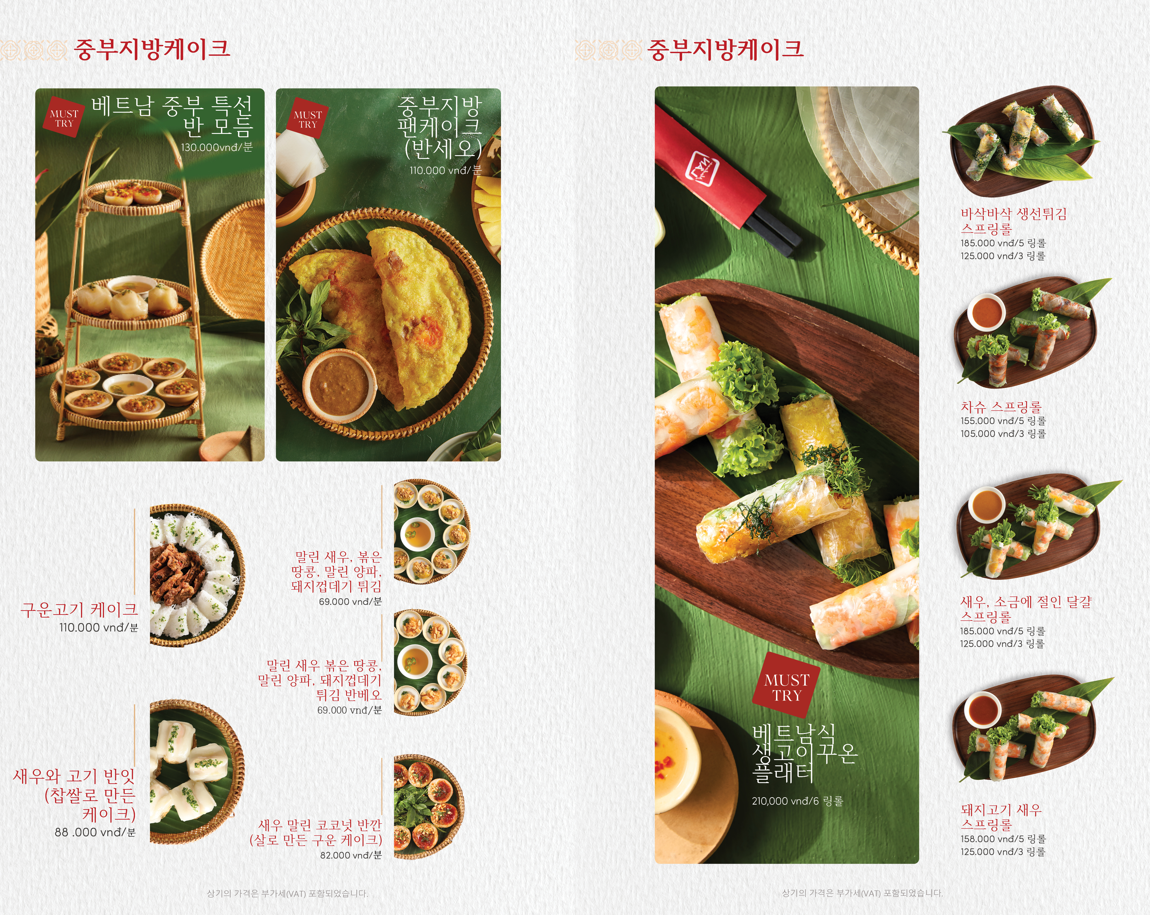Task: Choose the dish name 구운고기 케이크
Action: pos(79,609)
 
